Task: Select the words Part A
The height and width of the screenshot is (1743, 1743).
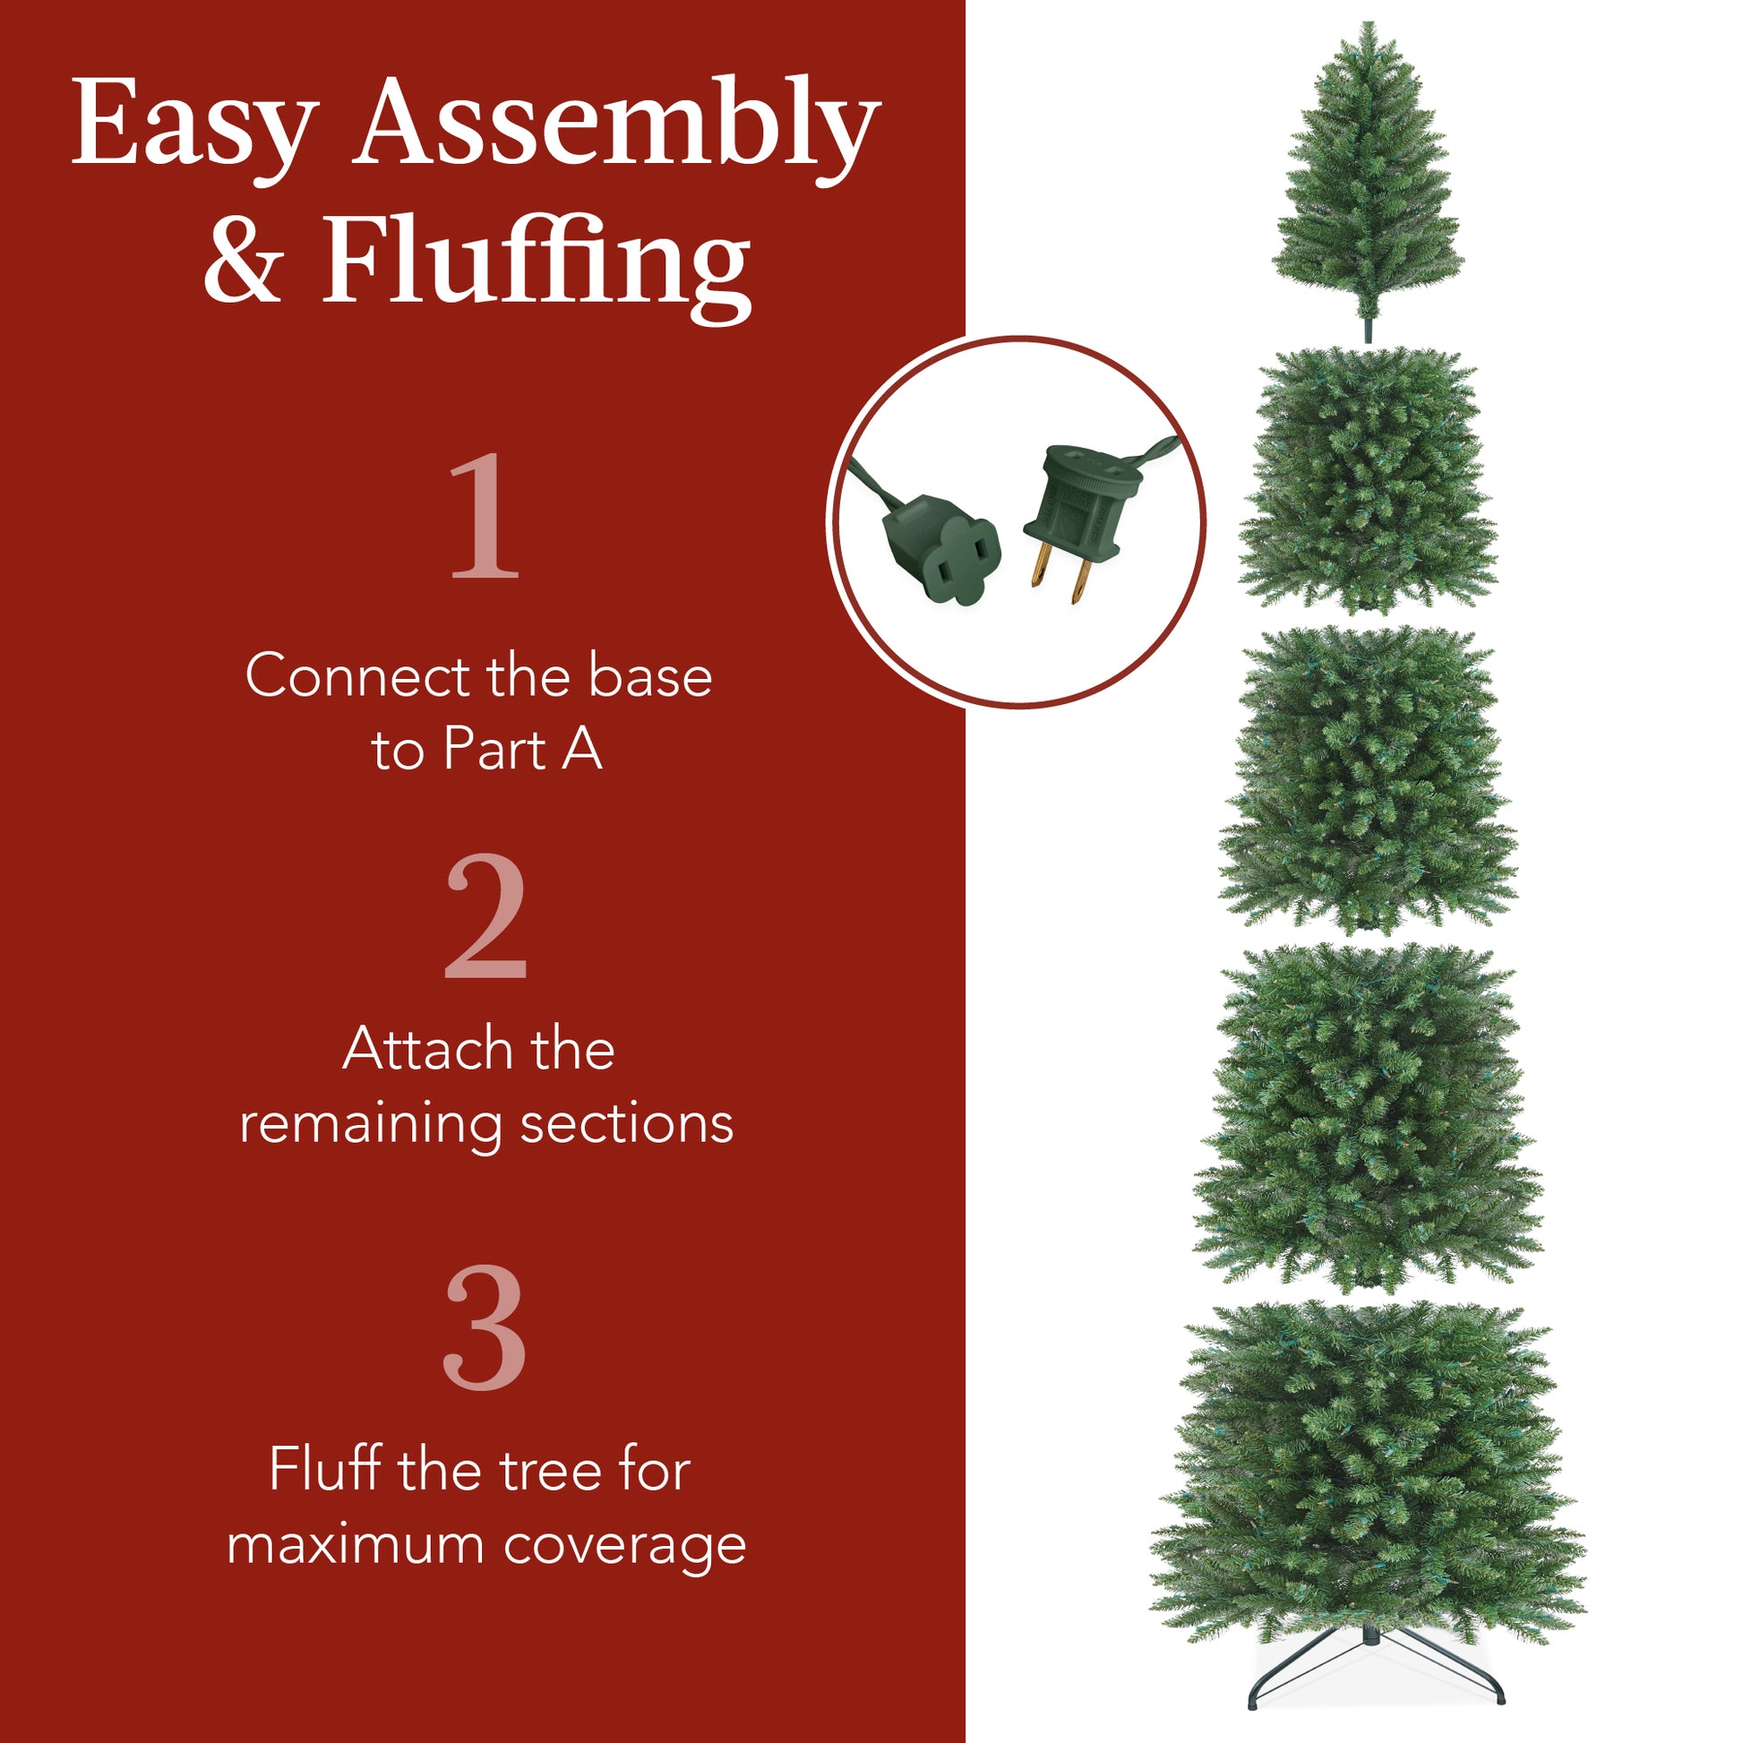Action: pyautogui.click(x=522, y=750)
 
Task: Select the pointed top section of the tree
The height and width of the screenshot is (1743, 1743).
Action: pyautogui.click(x=1369, y=171)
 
